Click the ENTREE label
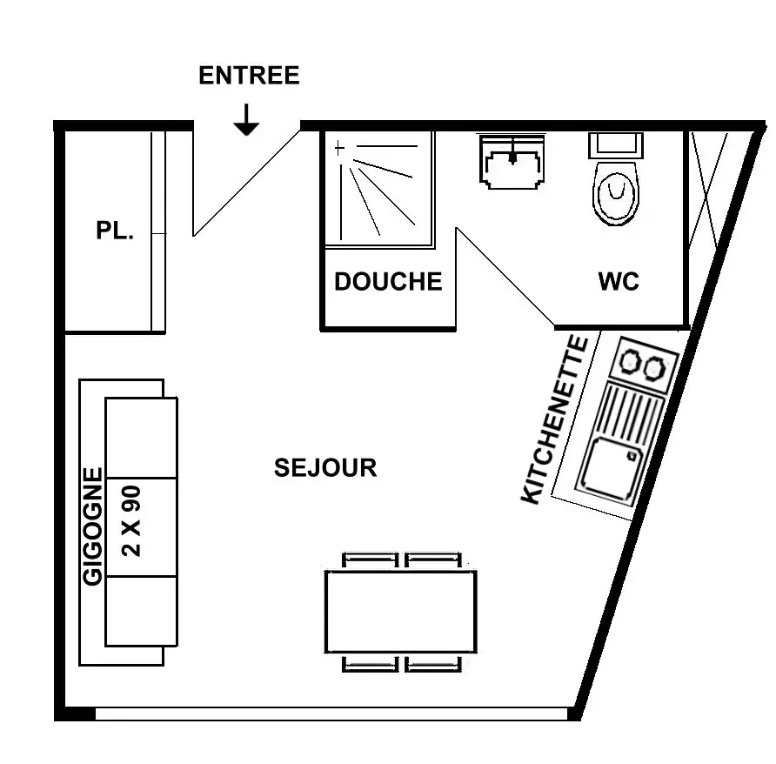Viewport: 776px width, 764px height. point(249,75)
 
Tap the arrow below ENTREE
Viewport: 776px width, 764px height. point(246,120)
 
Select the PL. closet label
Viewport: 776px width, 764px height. point(115,231)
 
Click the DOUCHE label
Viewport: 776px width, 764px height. point(388,281)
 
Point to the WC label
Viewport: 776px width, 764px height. point(619,281)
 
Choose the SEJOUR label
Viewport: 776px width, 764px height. point(325,468)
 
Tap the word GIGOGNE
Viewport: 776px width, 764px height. point(92,526)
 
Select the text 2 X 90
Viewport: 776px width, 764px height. point(131,521)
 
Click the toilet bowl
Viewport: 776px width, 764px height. point(616,193)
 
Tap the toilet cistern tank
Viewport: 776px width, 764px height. point(616,145)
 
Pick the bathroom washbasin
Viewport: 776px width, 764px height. point(512,163)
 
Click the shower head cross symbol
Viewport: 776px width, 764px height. point(339,148)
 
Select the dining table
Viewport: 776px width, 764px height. point(401,612)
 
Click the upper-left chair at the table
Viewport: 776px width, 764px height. point(371,560)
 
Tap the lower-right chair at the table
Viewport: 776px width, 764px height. point(433,664)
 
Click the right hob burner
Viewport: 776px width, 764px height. point(653,368)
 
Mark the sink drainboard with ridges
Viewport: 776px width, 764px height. point(631,415)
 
